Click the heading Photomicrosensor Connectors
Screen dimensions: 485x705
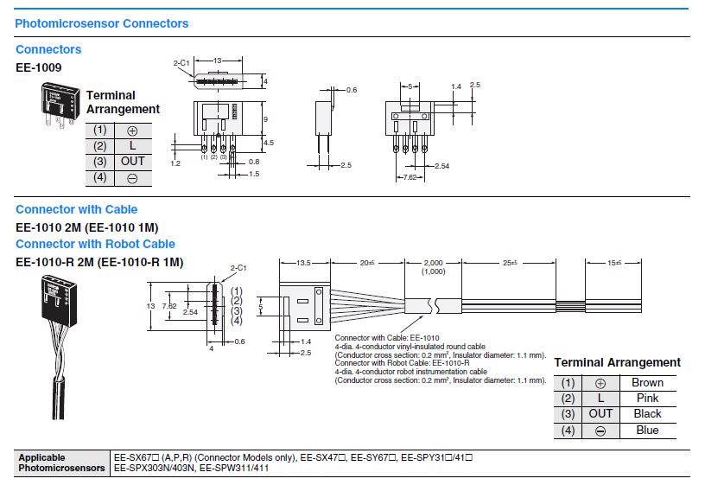click(102, 23)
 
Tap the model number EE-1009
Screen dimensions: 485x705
click(38, 67)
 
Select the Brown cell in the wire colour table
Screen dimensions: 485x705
click(647, 382)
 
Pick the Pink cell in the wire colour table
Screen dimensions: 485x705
click(647, 398)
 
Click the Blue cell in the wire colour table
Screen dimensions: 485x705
click(647, 430)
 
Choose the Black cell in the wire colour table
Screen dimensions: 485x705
click(647, 414)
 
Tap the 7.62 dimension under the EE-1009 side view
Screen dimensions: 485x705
click(408, 177)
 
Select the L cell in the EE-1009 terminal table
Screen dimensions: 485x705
click(132, 145)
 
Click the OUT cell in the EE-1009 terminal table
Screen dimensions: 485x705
click(132, 161)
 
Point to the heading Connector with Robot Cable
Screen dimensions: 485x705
click(95, 244)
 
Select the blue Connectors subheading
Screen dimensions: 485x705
click(48, 49)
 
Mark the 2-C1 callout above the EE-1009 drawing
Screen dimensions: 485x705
click(181, 63)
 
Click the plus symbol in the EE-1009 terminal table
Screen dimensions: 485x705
click(132, 130)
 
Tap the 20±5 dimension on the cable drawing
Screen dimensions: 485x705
click(371, 263)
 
